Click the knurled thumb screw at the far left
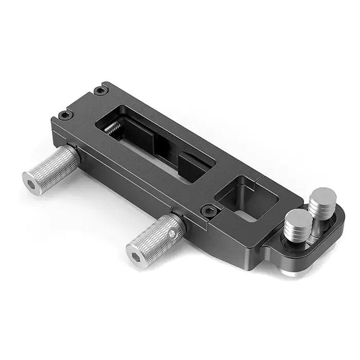click(51, 170)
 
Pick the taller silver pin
click(322, 206)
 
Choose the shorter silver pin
click(297, 226)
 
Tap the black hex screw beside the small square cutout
click(208, 210)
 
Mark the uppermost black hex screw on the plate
click(99, 91)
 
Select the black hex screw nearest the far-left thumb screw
click(64, 115)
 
